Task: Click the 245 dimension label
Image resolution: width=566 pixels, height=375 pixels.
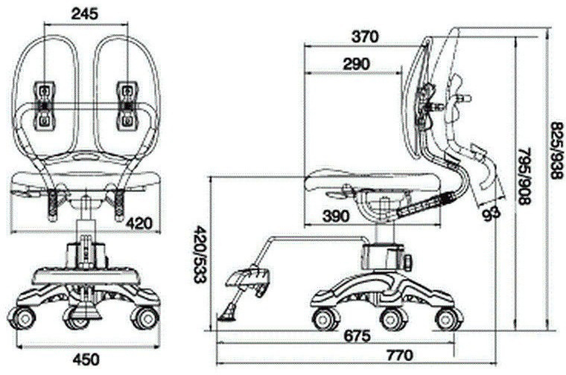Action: [x=84, y=13]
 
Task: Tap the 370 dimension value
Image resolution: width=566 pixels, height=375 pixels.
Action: [x=365, y=36]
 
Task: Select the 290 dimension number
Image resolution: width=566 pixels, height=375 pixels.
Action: [x=356, y=64]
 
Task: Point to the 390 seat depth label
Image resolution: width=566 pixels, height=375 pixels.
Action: [x=336, y=216]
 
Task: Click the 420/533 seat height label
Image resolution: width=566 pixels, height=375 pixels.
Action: [x=200, y=254]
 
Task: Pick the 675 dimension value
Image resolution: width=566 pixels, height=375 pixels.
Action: [x=357, y=336]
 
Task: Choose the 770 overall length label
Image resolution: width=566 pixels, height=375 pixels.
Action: [x=400, y=356]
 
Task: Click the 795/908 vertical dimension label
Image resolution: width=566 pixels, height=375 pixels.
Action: [x=524, y=176]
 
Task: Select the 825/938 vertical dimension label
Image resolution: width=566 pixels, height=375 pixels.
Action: [x=556, y=150]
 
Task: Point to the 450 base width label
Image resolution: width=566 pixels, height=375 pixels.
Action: [x=86, y=359]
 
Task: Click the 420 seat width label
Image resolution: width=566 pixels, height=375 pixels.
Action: [x=139, y=223]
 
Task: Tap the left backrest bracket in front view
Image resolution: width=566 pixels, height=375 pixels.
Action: [x=45, y=106]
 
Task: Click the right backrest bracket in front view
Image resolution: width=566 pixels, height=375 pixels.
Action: [x=127, y=105]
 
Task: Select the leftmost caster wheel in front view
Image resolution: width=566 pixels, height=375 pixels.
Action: [x=22, y=318]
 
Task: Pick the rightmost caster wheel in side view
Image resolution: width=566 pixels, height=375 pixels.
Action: [x=449, y=319]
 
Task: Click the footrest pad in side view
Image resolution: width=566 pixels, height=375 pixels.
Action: [x=249, y=279]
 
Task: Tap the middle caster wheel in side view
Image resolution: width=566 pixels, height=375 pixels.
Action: [x=393, y=319]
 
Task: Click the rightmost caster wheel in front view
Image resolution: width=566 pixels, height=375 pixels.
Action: [x=145, y=318]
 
